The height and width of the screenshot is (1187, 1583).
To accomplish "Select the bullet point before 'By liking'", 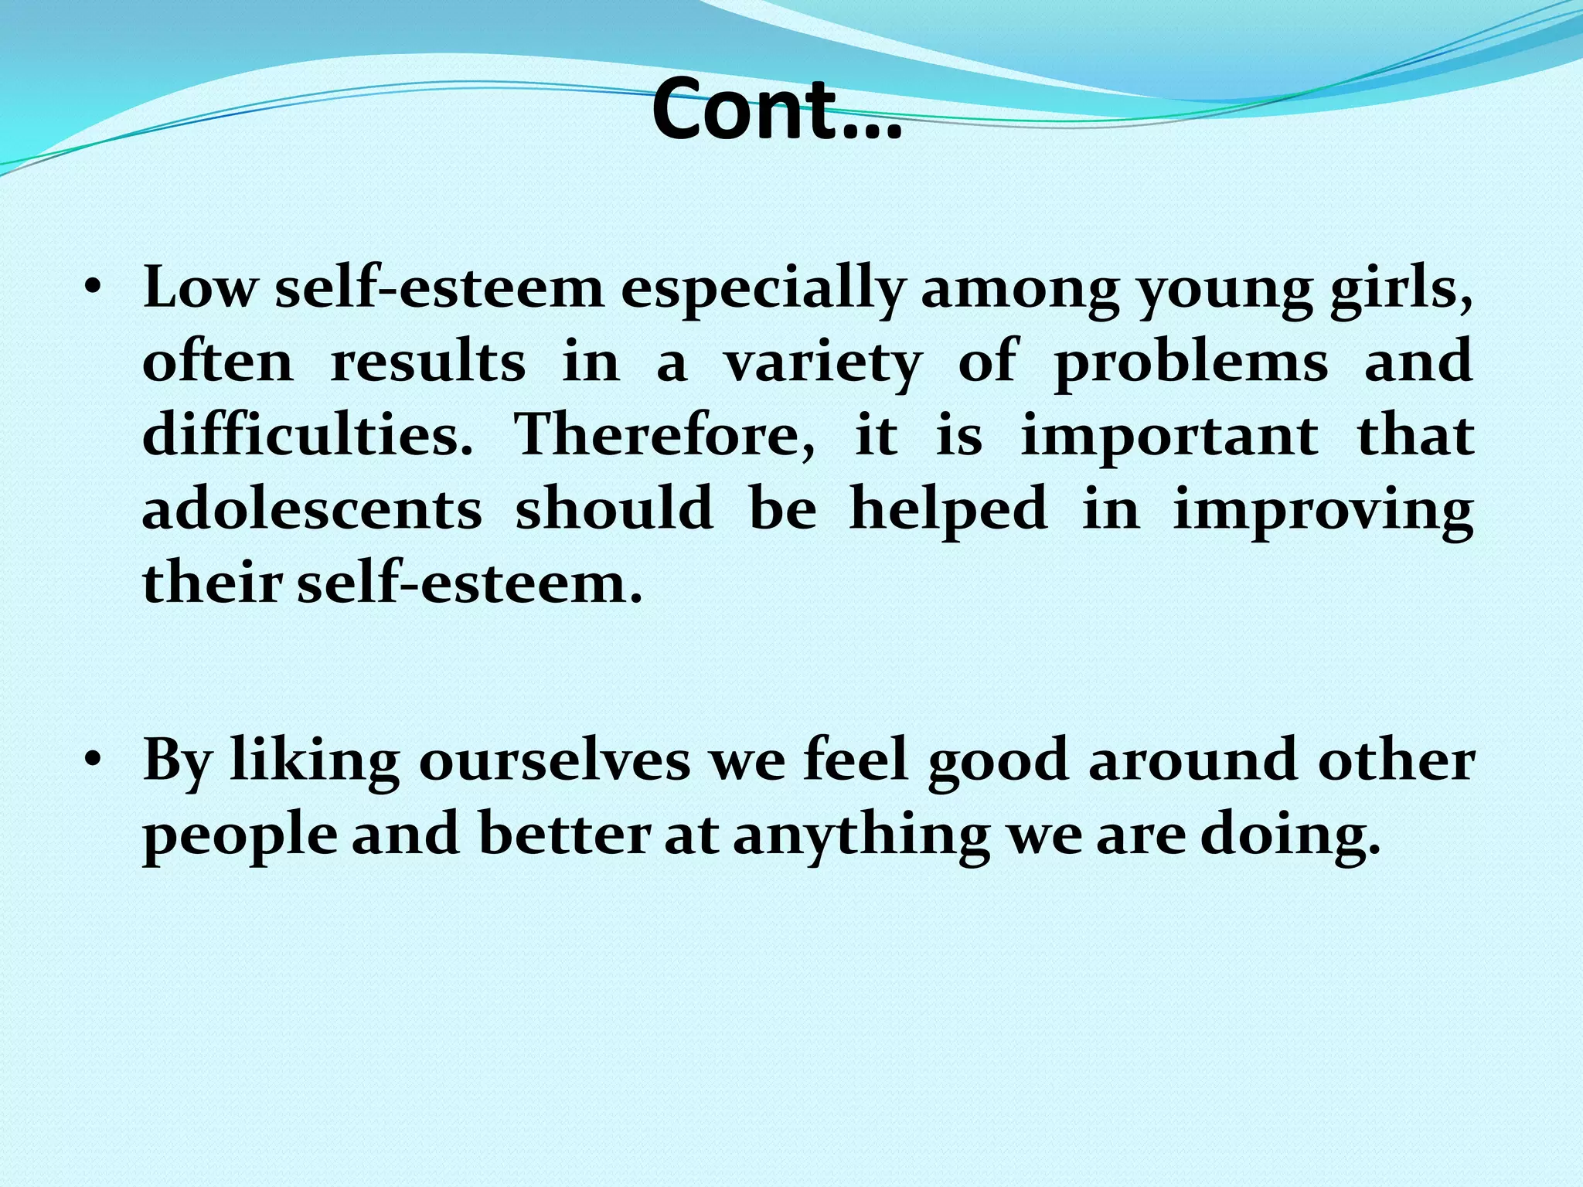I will [94, 762].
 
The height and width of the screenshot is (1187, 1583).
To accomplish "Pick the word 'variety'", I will [822, 363].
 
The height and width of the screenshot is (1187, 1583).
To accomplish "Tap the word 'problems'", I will [1191, 363].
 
